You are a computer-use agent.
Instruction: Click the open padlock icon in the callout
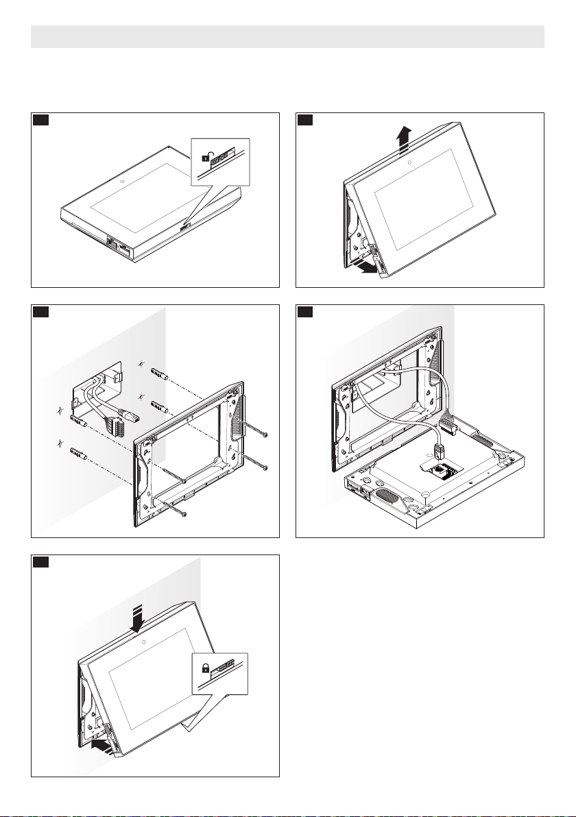click(206, 157)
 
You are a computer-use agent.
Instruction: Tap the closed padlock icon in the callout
click(205, 667)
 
